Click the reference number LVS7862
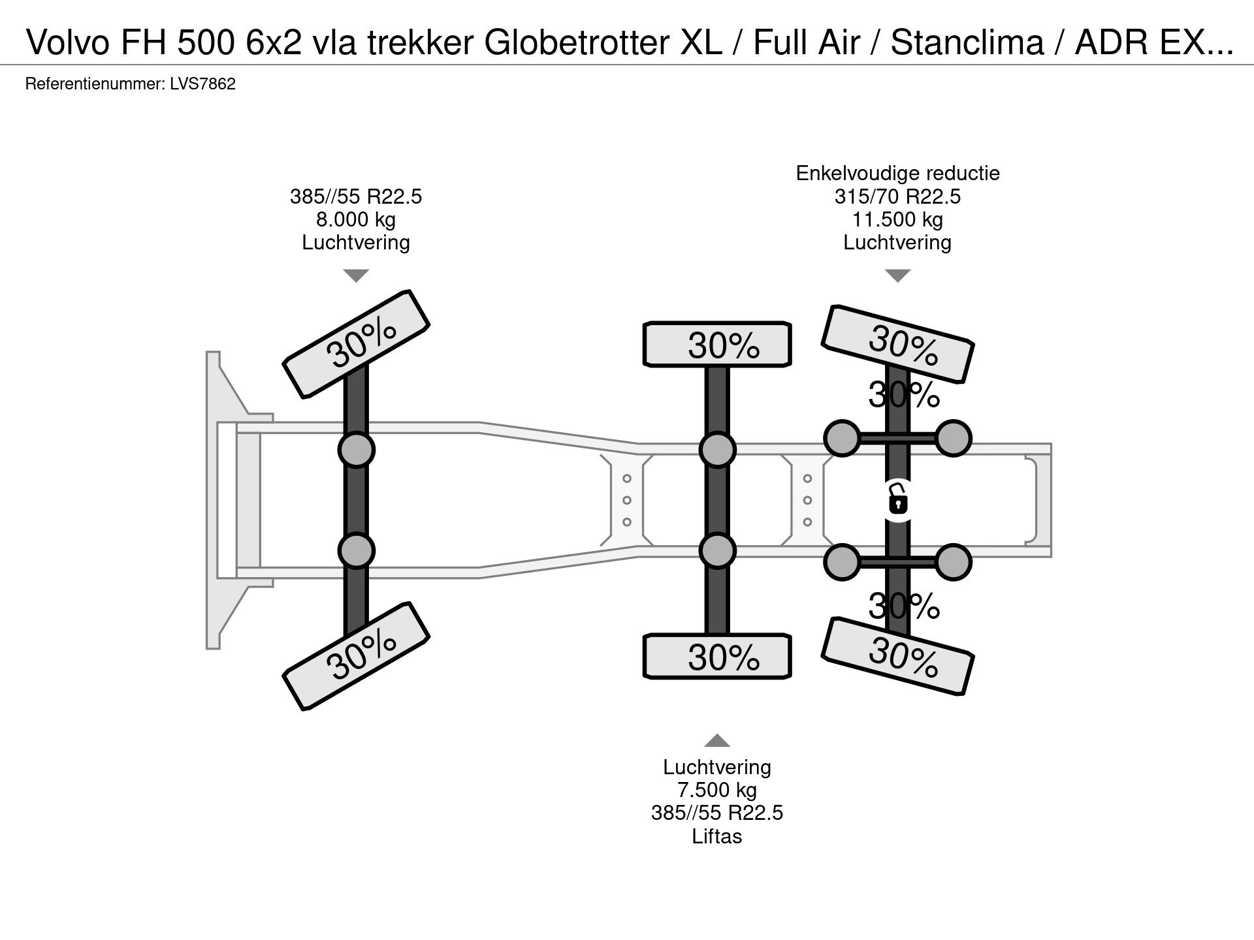click(202, 84)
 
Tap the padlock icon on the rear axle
click(898, 501)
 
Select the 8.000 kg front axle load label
click(356, 219)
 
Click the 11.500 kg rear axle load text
click(897, 219)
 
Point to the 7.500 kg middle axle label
click(716, 790)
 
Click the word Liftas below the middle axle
click(716, 836)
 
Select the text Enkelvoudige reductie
click(897, 173)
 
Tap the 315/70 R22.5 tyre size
click(897, 196)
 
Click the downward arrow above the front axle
click(356, 275)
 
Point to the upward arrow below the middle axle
click(716, 740)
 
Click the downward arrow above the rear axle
click(897, 275)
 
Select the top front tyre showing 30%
click(356, 343)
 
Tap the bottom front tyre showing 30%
click(356, 655)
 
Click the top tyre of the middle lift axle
click(717, 344)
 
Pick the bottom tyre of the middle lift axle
click(717, 656)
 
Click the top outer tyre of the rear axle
click(898, 343)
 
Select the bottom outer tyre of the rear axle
click(898, 655)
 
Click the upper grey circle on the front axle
click(356, 450)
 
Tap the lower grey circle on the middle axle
click(717, 551)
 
